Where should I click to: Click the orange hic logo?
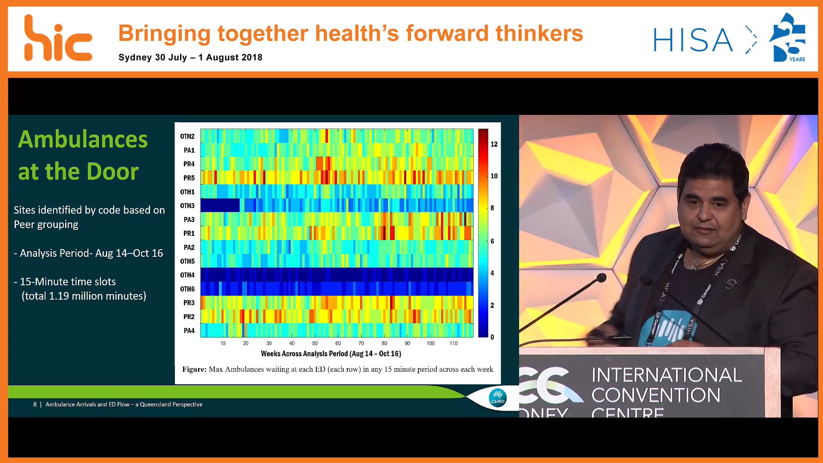click(x=58, y=39)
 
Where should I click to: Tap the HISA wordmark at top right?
click(x=693, y=40)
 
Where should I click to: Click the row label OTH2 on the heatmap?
click(x=187, y=136)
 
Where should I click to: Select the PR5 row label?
click(x=189, y=178)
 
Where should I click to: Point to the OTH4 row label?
click(x=187, y=275)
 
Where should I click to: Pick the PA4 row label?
click(x=189, y=331)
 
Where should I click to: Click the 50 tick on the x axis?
click(x=315, y=343)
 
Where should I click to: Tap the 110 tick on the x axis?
click(x=454, y=343)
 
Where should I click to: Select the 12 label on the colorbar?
click(x=494, y=144)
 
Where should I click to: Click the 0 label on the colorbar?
click(x=492, y=337)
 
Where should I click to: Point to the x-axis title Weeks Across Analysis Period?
click(x=331, y=354)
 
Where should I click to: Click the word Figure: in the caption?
click(x=194, y=369)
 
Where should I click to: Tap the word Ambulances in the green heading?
click(x=83, y=139)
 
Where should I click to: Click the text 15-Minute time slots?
click(x=68, y=282)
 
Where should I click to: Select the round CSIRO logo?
click(x=498, y=397)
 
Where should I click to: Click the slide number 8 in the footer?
click(x=35, y=404)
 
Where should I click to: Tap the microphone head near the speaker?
click(x=602, y=278)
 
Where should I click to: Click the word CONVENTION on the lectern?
click(x=656, y=395)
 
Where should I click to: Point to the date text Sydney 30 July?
click(x=153, y=57)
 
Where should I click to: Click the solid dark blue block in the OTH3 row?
click(x=220, y=205)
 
